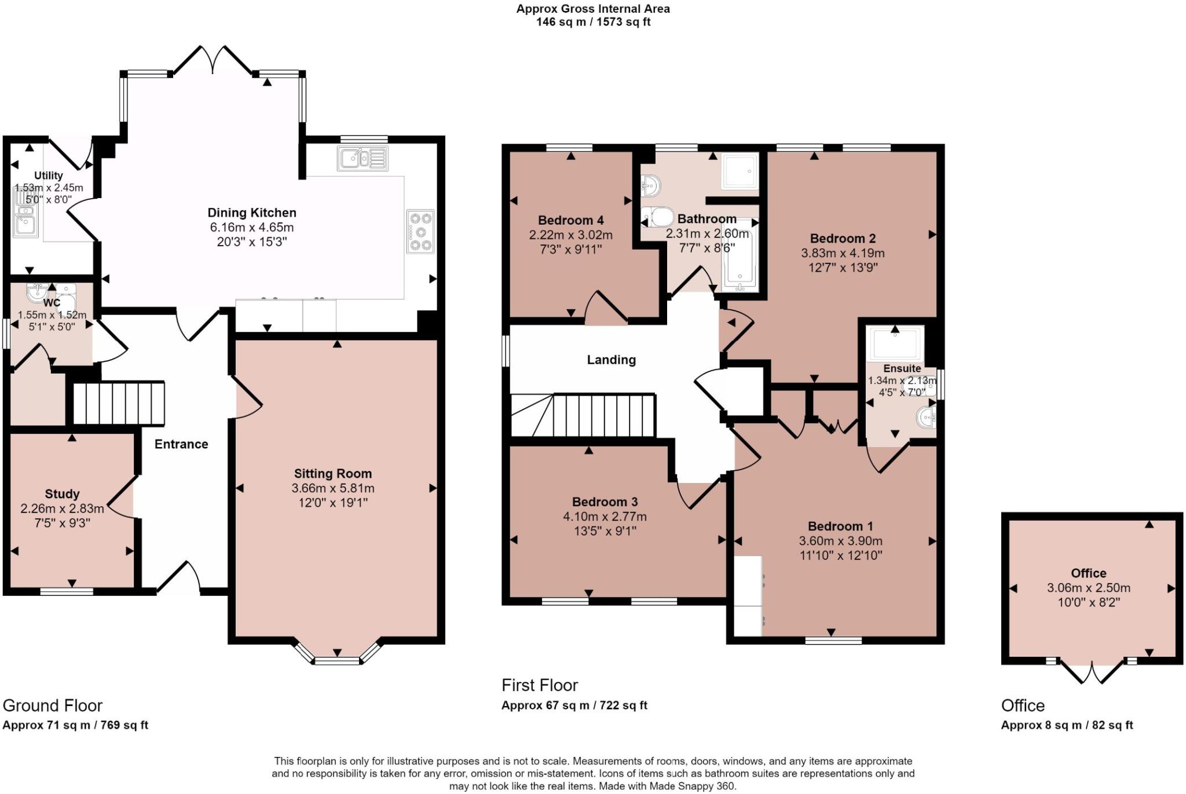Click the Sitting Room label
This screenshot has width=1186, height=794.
pos(332,473)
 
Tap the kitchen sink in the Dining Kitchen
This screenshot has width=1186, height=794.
pos(363,158)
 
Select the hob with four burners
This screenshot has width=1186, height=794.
pos(420,232)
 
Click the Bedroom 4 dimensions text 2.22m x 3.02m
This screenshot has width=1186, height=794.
pos(570,235)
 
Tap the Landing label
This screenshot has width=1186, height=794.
pos(611,360)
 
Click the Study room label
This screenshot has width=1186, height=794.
pos(62,494)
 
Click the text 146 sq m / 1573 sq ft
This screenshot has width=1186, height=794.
pos(593,22)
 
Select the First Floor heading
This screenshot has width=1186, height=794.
pos(540,685)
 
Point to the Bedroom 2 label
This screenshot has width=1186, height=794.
pos(843,238)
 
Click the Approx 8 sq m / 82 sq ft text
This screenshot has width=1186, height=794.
pos(1067,725)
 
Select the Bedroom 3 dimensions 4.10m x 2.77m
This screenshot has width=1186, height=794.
pos(605,517)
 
